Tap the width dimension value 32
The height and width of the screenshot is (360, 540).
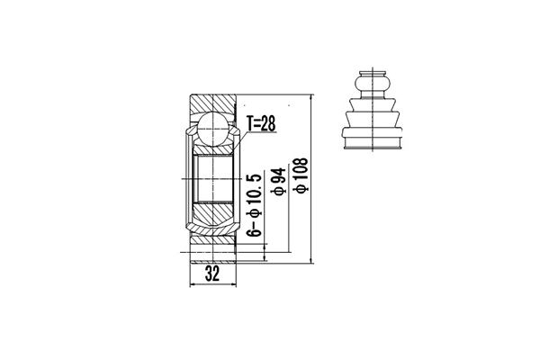tap(212, 274)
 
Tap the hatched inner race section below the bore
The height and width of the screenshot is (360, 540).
tap(213, 213)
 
